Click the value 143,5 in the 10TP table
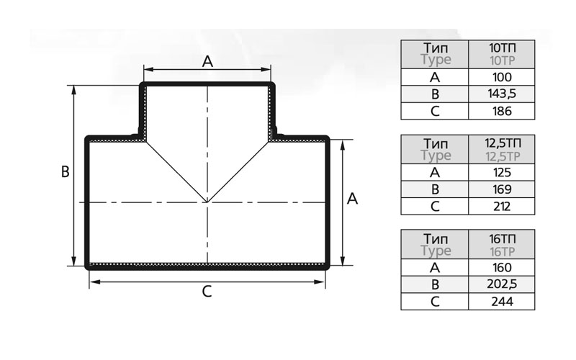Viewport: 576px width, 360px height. click(502, 94)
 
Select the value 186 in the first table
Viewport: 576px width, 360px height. click(502, 111)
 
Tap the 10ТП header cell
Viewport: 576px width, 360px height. click(502, 54)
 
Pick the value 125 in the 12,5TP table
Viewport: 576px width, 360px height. click(502, 173)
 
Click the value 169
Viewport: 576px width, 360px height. click(502, 189)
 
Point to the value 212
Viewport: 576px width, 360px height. click(502, 207)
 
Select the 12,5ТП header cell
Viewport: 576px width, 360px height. click(502, 149)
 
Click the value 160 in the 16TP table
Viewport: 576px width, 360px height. click(502, 268)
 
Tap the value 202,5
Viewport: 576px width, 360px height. click(502, 284)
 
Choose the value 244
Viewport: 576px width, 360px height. click(502, 302)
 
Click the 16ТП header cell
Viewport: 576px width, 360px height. click(502, 245)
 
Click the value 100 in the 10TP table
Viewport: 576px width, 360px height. click(502, 77)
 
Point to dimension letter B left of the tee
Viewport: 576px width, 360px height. click(65, 172)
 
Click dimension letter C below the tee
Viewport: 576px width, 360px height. click(207, 292)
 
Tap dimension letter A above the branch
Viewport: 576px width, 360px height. click(207, 62)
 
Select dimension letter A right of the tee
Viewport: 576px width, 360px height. click(352, 199)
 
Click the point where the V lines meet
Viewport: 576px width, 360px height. click(207, 202)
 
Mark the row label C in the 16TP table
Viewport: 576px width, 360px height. click(435, 302)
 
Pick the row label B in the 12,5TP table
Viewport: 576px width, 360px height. click(435, 189)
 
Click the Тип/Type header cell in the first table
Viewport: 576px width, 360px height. click(435, 54)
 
